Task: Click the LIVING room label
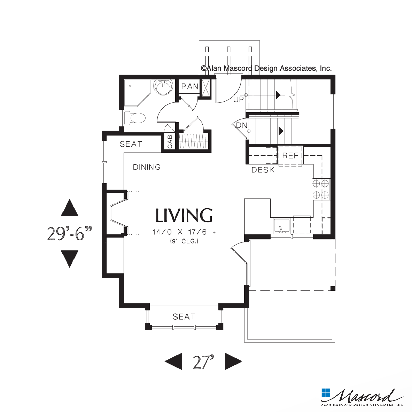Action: click(x=184, y=215)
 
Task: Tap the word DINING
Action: click(x=147, y=167)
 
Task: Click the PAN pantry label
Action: click(x=190, y=87)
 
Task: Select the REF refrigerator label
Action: click(x=290, y=156)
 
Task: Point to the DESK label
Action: click(x=263, y=170)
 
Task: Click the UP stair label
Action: click(x=238, y=100)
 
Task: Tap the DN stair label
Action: click(x=242, y=125)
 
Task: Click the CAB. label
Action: click(x=170, y=141)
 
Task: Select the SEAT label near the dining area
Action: click(x=131, y=144)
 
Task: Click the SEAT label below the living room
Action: click(x=184, y=316)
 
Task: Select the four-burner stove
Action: click(x=321, y=189)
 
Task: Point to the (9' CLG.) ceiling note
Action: click(x=184, y=242)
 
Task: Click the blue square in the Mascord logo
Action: click(x=325, y=393)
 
